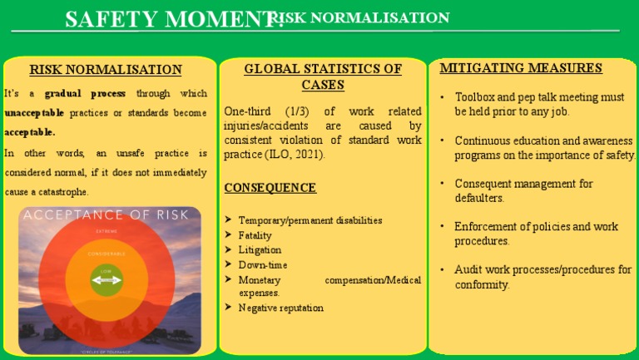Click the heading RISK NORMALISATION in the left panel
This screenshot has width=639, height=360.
[106, 70]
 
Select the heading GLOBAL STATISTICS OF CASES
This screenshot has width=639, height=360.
[323, 76]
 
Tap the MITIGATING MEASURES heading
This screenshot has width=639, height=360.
[521, 68]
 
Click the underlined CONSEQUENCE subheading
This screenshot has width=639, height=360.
[270, 188]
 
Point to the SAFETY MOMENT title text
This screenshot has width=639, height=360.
[171, 19]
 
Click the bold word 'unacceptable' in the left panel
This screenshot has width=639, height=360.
[34, 112]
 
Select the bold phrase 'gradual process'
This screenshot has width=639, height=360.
[86, 93]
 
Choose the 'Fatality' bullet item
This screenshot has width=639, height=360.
[255, 235]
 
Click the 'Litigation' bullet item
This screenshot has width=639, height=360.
[260, 249]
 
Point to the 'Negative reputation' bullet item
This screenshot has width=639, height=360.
[280, 308]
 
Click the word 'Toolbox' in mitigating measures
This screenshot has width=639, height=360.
[475, 97]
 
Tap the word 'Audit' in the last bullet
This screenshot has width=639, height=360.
[468, 269]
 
